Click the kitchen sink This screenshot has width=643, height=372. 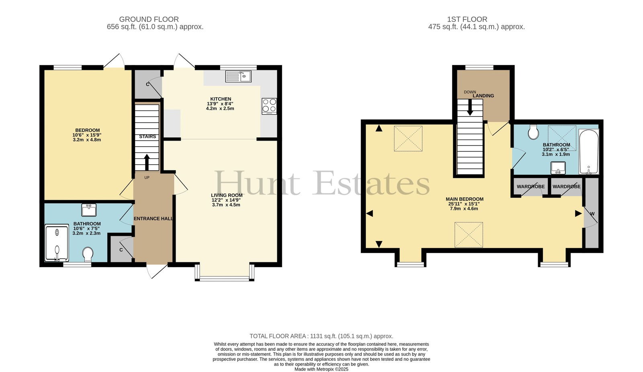238,76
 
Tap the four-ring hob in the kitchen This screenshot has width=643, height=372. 269,106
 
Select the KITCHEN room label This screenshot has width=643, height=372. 221,99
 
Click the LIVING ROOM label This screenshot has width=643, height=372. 227,195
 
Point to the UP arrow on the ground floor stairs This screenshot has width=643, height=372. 147,162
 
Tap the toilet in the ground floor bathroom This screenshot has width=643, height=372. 88,254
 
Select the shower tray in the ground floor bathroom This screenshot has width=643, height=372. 57,243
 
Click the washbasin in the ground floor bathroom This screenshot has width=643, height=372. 89,210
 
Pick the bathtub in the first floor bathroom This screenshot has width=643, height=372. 589,151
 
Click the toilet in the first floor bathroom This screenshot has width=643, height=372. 533,132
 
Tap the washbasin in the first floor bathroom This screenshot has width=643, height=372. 558,168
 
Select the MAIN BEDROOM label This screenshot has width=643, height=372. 465,199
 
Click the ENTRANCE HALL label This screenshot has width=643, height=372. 154,219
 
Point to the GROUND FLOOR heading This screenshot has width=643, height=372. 149,19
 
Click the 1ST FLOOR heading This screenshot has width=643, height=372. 467,19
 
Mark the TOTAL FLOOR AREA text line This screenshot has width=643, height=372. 321,336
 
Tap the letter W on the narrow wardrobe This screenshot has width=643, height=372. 592,214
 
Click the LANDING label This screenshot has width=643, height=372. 483,96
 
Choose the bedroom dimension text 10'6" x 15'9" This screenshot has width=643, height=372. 87,135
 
